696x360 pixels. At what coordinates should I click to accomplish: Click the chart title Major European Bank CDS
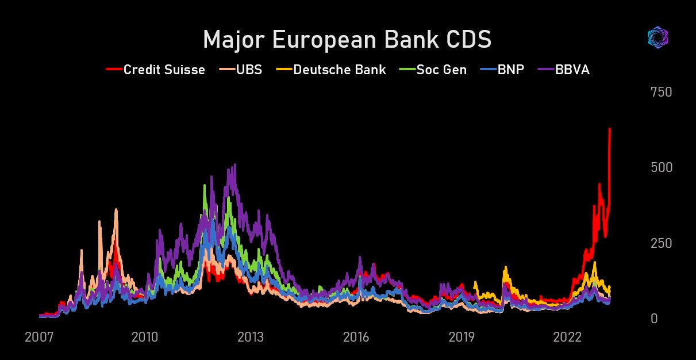pos(347,40)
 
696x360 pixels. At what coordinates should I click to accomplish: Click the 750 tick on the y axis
pos(661,92)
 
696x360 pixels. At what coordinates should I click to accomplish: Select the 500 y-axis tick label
pos(661,167)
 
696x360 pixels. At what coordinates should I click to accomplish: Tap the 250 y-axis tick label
pos(661,243)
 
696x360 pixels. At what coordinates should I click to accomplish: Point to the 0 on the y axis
pos(653,319)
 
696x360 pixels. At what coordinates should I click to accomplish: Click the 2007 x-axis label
pos(39,338)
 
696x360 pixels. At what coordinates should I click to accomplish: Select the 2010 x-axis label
pos(145,338)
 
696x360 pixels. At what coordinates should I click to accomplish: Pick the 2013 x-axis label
pos(251,338)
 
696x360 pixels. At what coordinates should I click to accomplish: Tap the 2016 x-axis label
pos(356,338)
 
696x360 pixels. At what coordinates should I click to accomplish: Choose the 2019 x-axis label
pos(462,338)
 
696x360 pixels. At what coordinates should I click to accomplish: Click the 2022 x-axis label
pos(567,338)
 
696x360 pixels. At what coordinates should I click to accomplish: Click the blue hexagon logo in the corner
pos(657,38)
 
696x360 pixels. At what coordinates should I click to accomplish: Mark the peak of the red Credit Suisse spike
pos(609,129)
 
